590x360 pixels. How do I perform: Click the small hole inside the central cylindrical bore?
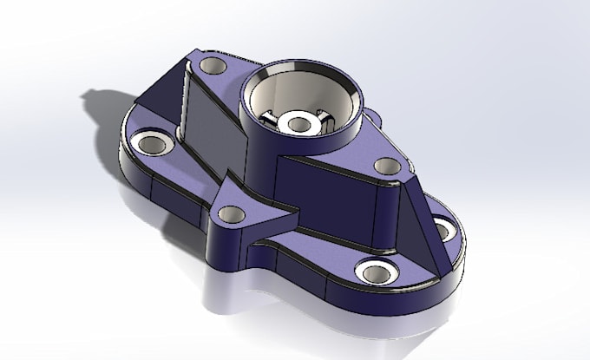coord(299,124)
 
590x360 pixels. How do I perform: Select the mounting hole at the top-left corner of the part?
coord(211,66)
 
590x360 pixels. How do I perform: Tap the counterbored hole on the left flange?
coord(152,144)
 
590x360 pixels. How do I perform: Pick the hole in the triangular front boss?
coord(229,213)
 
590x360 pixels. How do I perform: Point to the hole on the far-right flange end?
coord(441,230)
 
